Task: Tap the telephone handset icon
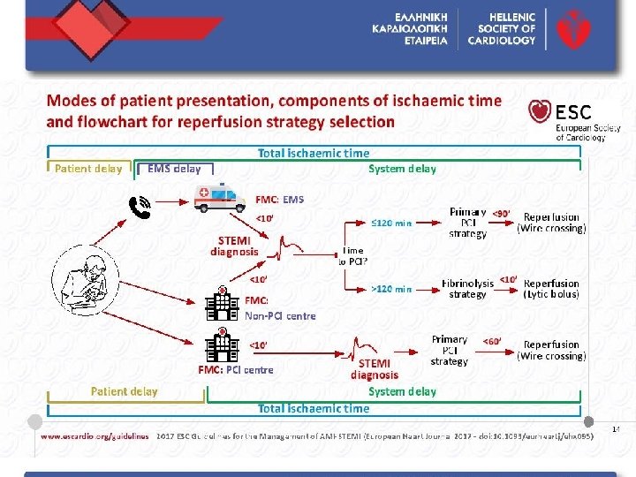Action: [x=140, y=207]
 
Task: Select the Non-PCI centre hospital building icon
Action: [x=223, y=305]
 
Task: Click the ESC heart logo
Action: [x=541, y=111]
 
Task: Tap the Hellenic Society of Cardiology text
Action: [x=503, y=28]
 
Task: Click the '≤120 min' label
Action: [x=391, y=222]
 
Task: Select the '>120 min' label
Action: [x=391, y=289]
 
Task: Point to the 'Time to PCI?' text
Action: [x=353, y=255]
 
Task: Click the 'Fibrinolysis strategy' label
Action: [x=467, y=288]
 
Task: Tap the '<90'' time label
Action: [x=501, y=213]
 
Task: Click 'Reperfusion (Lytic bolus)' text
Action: [x=551, y=288]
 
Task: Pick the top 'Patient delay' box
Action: [x=88, y=169]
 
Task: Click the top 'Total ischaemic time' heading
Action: [x=314, y=153]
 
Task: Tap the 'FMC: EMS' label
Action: [x=279, y=199]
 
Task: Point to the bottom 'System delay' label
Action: [x=402, y=391]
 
